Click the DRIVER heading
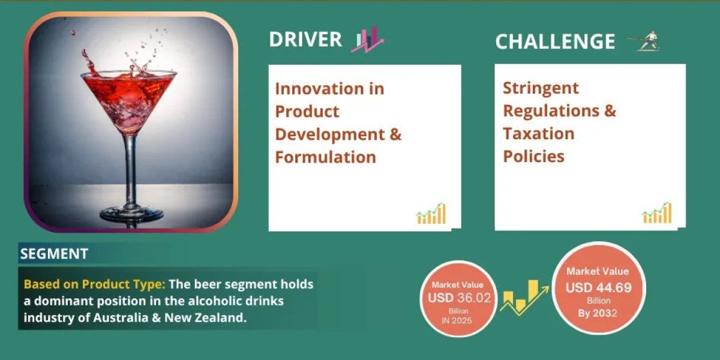click(305, 39)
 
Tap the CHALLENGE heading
click(555, 41)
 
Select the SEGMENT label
click(54, 254)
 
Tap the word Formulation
click(325, 157)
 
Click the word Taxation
click(538, 133)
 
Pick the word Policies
click(533, 156)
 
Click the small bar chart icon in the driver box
click(431, 214)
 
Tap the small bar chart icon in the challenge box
click(657, 213)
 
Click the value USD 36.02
click(460, 298)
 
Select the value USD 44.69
click(599, 287)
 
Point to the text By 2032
click(598, 313)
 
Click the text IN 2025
click(457, 320)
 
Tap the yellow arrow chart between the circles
click(524, 298)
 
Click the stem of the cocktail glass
click(131, 170)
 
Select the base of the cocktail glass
click(131, 214)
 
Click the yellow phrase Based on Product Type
click(95, 284)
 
